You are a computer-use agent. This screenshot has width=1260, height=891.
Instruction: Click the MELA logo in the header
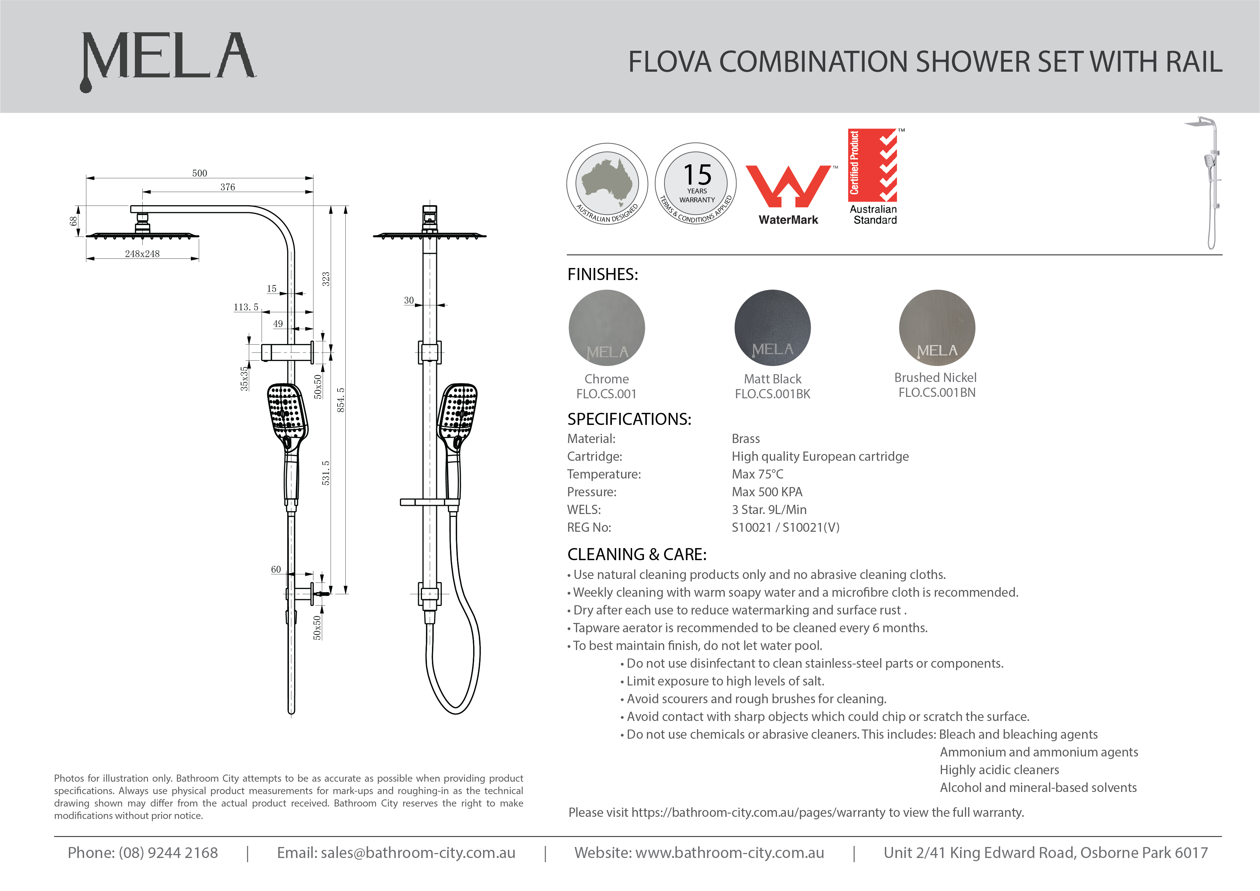[x=168, y=58]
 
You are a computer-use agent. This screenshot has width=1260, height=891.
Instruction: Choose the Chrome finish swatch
[x=607, y=328]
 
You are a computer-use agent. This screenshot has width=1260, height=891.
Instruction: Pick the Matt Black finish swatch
[x=772, y=328]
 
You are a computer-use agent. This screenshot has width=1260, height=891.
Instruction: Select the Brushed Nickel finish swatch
[x=937, y=328]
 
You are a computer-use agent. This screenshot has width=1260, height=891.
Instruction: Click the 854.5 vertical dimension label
[x=341, y=400]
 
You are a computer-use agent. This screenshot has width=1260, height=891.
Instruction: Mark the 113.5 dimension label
[x=246, y=307]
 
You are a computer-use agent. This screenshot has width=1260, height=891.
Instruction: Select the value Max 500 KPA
[x=767, y=492]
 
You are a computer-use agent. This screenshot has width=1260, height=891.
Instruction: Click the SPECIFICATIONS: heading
[x=629, y=420]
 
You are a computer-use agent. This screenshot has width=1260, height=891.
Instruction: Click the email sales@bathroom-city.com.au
[x=418, y=853]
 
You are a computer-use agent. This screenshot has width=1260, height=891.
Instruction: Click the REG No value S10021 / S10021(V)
[x=785, y=528]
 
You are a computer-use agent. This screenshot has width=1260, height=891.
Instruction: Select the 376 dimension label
[x=228, y=187]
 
